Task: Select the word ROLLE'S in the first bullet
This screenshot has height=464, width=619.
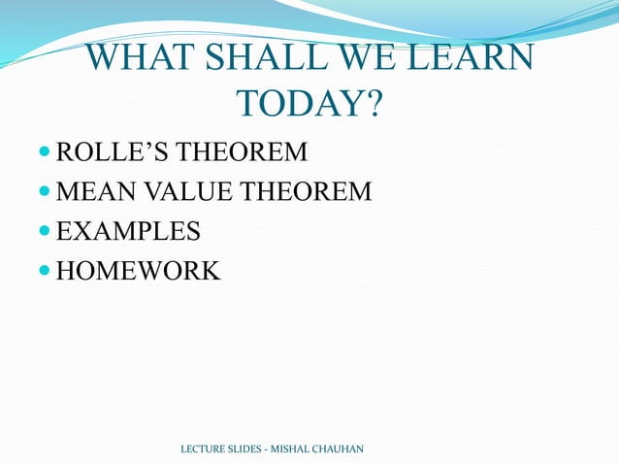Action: click(x=115, y=152)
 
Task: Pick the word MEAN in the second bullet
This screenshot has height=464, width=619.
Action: click(x=93, y=192)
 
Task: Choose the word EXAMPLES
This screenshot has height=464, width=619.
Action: click(x=129, y=232)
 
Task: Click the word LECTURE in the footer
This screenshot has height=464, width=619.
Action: click(x=204, y=448)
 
